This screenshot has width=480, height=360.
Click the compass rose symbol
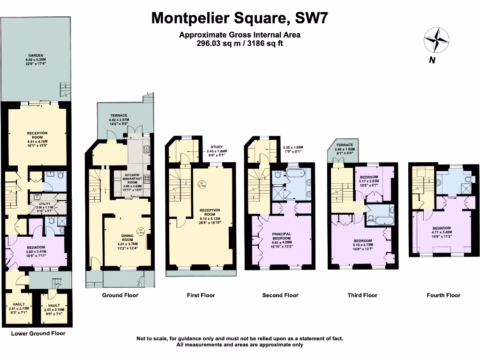[436, 41]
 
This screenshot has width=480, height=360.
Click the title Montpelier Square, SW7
[240, 18]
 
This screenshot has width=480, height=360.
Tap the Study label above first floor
[216, 147]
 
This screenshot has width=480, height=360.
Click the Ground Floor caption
[120, 295]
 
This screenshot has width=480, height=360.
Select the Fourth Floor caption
[443, 295]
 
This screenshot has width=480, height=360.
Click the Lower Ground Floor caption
[38, 333]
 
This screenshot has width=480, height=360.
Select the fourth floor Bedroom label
[441, 230]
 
